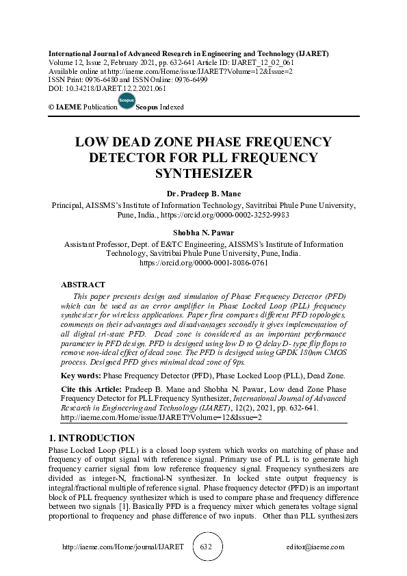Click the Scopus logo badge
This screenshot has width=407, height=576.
[x=126, y=101]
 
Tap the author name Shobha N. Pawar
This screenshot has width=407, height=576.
[x=204, y=233]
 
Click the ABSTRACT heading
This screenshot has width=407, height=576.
[x=83, y=285]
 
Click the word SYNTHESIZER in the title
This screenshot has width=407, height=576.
[x=204, y=174]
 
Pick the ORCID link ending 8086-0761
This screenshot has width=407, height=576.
[x=204, y=262]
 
